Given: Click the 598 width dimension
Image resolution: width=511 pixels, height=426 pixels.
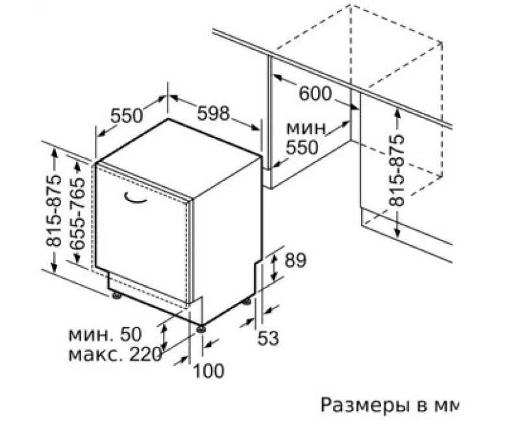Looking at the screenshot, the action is pos(214,113).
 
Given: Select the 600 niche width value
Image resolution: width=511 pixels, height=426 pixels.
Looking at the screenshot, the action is pos(315,94).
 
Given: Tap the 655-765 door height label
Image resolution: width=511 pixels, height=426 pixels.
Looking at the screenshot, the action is pos(79,213).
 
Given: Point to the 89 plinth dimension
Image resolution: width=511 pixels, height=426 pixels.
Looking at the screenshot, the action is pos(295,260).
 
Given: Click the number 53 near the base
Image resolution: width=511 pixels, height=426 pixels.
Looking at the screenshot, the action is pos(268,338).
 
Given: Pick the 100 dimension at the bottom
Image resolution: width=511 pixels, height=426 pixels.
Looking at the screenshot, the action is pos(209,371).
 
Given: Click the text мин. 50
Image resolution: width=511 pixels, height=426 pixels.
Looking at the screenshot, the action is pos(105,334).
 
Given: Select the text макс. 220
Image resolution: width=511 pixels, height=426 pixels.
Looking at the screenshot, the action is pos(115,355).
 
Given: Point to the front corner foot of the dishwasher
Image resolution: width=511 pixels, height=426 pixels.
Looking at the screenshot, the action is pos(201,329).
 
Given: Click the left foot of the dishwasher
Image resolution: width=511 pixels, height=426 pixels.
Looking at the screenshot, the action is pos(116,295).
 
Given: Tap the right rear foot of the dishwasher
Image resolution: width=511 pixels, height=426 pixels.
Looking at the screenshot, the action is pos(247,302).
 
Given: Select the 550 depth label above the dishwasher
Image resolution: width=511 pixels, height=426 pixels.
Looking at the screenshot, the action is pos(127,115).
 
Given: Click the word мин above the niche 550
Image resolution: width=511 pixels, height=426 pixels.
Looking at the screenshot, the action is pos(306,128).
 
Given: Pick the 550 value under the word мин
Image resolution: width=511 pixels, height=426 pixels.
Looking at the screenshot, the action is pos(302,147).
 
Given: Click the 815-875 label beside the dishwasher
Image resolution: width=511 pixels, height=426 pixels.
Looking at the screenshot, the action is pos(53,210).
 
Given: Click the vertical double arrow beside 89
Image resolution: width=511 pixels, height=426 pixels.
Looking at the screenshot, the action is pos(275,268).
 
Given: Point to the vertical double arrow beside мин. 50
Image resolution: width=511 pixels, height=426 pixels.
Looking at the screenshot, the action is pos(164,337).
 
